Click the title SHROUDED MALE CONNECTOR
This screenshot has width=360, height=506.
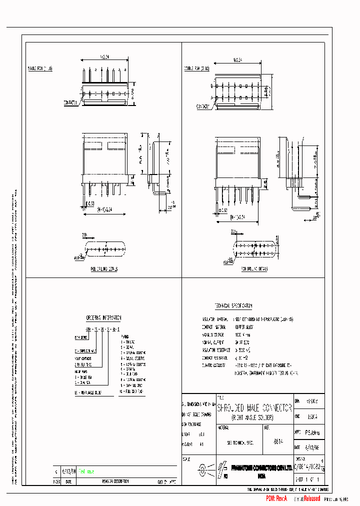pyautogui.click(x=254, y=408)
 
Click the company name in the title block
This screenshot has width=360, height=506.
pyautogui.click(x=262, y=467)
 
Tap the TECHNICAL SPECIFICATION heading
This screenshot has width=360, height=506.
pyautogui.click(x=233, y=305)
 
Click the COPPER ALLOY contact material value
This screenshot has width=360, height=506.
pyautogui.click(x=244, y=326)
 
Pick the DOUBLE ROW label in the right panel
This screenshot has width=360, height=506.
pyautogui.click(x=196, y=67)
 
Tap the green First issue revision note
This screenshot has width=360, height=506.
pyautogui.click(x=85, y=471)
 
